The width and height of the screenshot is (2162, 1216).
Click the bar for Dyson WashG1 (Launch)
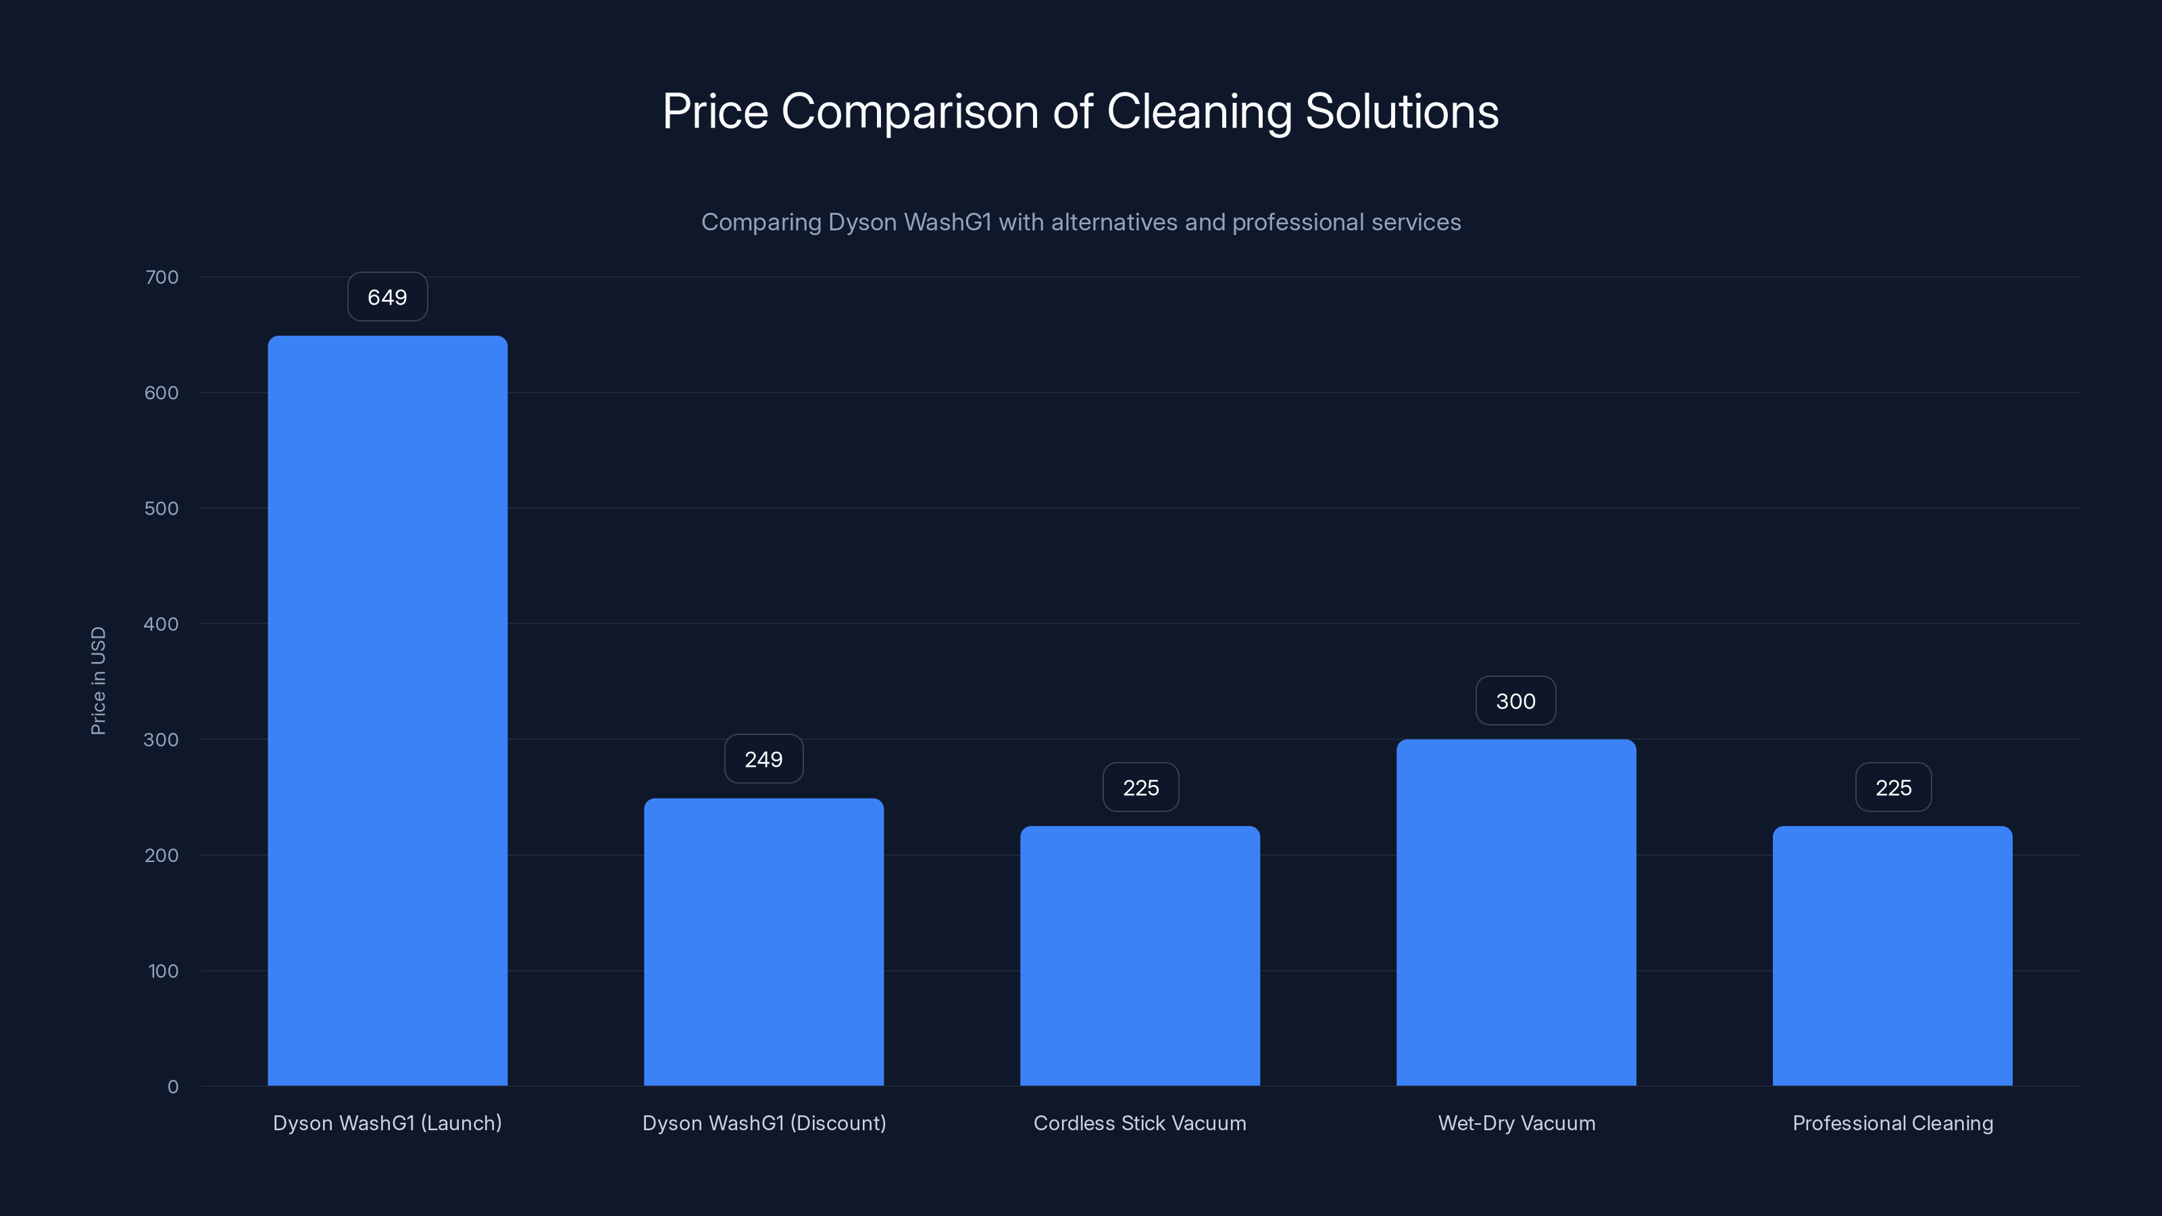387,710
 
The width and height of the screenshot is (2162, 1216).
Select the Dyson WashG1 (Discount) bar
763,942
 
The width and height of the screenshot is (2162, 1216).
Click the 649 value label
387,297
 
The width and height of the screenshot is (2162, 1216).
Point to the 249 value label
763,759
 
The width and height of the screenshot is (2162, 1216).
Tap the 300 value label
1515,702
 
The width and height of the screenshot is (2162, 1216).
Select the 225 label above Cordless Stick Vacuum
1140,788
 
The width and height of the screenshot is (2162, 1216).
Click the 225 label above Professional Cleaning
1892,788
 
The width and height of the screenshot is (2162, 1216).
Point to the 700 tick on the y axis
162,277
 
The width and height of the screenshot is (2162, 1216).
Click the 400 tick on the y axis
161,624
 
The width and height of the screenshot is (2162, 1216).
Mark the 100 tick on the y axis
163,971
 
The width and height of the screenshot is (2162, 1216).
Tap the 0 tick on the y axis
173,1087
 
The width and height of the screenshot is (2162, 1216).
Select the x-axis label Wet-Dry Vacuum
1515,1123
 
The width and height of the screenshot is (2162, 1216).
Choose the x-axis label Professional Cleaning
1892,1123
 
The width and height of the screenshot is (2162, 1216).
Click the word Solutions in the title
1402,111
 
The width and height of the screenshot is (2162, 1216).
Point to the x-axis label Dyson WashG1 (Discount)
763,1123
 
